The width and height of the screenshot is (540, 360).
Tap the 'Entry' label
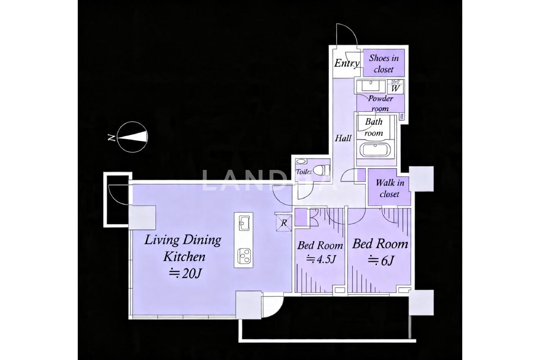(x=347, y=63)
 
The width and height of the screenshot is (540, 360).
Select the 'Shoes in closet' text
(x=384, y=64)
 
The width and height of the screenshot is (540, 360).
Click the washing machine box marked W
(x=395, y=87)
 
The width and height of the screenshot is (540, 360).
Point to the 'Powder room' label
(x=381, y=103)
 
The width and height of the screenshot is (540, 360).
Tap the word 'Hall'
(x=343, y=138)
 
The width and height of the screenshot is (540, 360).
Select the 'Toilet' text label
(x=303, y=172)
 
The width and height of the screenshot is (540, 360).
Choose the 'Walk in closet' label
(x=390, y=188)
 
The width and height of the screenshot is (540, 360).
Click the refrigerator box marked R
(x=284, y=223)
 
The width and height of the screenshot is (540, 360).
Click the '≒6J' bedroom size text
(x=381, y=260)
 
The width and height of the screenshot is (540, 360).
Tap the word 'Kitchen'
(x=184, y=257)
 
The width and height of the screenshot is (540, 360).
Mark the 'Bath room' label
(x=374, y=127)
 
